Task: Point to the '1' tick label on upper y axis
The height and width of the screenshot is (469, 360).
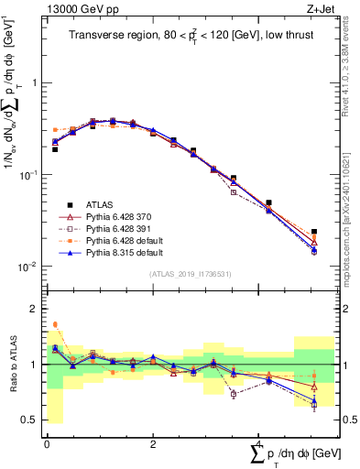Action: coord(36,82)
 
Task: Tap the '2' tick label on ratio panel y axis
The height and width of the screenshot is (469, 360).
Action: coord(36,309)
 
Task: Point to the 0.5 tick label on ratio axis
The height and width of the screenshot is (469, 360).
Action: coord(32,420)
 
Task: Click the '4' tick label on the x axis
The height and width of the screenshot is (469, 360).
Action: coord(259,443)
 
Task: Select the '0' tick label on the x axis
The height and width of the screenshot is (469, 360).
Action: coord(47,443)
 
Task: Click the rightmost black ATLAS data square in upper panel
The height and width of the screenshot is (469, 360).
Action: coord(314,233)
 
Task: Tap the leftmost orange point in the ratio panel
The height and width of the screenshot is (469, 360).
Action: coord(55,324)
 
